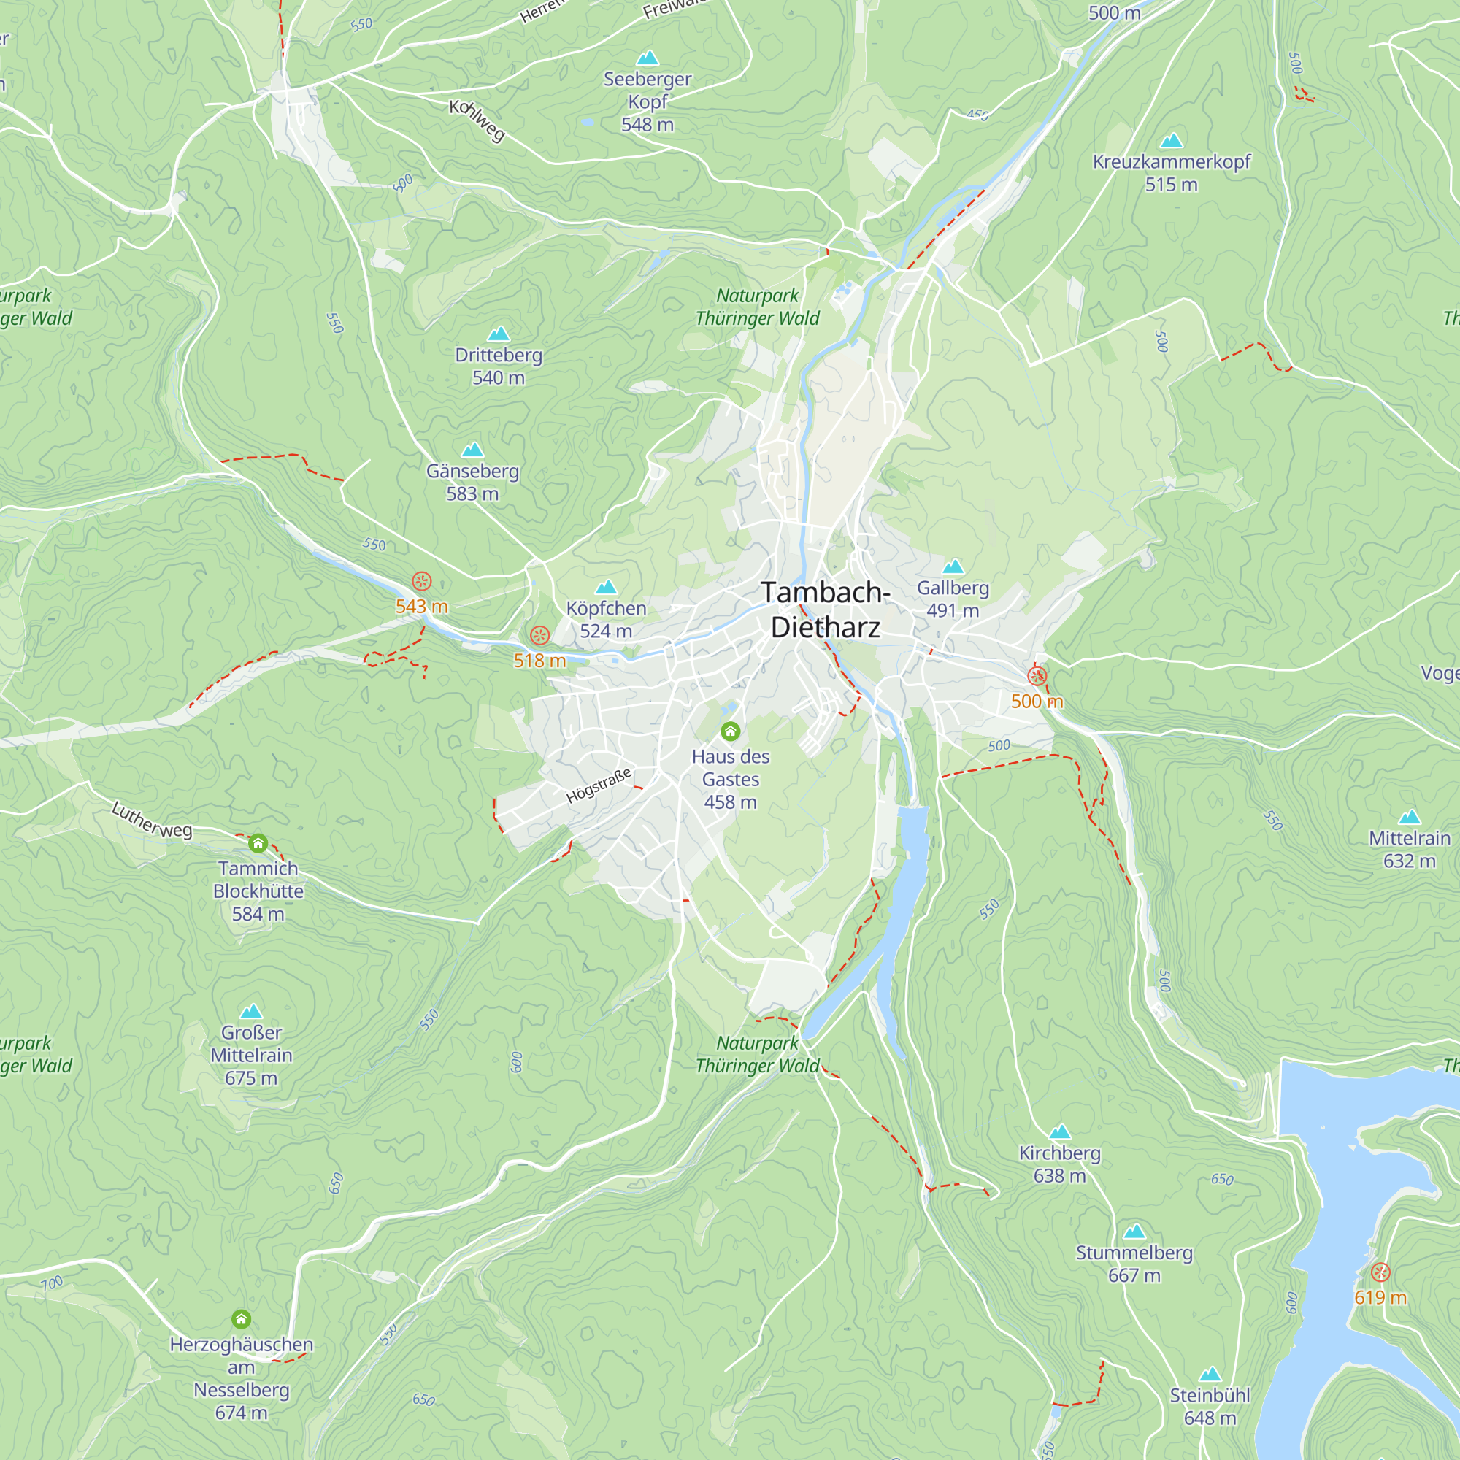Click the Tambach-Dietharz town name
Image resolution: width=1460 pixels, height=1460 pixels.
tap(825, 610)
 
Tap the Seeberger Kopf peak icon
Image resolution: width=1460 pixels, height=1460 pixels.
tap(648, 58)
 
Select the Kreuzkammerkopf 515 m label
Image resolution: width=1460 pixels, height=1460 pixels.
tap(1171, 173)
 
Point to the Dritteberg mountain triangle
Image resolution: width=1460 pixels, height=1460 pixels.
tap(498, 334)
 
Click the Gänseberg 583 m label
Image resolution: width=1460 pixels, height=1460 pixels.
tap(472, 482)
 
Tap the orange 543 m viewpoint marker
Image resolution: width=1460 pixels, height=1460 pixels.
tap(422, 581)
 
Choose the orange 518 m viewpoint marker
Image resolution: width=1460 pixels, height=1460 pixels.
tap(539, 635)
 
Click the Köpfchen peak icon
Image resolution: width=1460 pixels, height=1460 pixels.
tap(606, 587)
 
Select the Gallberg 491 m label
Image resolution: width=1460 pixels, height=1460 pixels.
tap(952, 599)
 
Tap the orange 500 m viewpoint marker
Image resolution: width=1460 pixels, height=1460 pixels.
tap(1037, 675)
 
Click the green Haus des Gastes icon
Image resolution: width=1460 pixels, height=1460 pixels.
tap(730, 731)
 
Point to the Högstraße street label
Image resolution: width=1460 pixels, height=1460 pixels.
tap(599, 786)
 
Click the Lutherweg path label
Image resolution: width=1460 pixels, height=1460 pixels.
tap(152, 820)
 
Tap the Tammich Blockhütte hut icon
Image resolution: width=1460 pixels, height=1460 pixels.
tap(258, 842)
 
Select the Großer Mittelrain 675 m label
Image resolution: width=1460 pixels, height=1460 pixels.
tap(251, 1055)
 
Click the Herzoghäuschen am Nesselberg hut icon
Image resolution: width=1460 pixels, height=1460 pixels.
tap(241, 1319)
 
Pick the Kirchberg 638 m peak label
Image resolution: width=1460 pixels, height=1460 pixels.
tap(1059, 1164)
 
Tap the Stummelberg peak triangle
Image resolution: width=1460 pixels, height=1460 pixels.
tap(1134, 1232)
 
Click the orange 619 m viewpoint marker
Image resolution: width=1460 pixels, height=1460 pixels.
tap(1380, 1272)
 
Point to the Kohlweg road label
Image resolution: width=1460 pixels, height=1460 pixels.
tap(477, 120)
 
